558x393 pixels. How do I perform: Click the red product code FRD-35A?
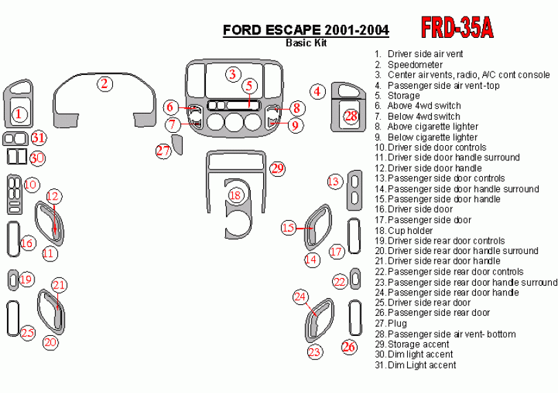click(x=456, y=27)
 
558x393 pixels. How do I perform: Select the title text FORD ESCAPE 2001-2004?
click(x=305, y=30)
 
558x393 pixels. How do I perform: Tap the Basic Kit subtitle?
click(x=306, y=43)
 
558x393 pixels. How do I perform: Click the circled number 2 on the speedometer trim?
click(x=105, y=84)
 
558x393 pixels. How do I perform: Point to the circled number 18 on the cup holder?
click(x=236, y=195)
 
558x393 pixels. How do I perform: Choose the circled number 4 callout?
click(x=317, y=91)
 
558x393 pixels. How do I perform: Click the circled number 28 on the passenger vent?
click(x=351, y=116)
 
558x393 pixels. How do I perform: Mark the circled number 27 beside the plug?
click(x=163, y=151)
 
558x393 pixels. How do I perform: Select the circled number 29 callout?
click(x=277, y=168)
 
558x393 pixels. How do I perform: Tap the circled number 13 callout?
click(x=334, y=182)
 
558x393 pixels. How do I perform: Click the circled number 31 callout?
click(x=39, y=138)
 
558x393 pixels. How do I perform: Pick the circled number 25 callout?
click(x=27, y=333)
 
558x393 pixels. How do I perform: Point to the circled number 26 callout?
click(x=349, y=346)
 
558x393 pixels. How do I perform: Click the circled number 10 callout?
click(x=31, y=184)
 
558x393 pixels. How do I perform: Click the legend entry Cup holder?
click(x=410, y=231)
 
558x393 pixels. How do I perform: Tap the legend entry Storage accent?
click(x=418, y=344)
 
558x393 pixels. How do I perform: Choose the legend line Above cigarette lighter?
click(x=432, y=127)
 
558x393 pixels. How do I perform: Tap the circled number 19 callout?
click(x=27, y=279)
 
